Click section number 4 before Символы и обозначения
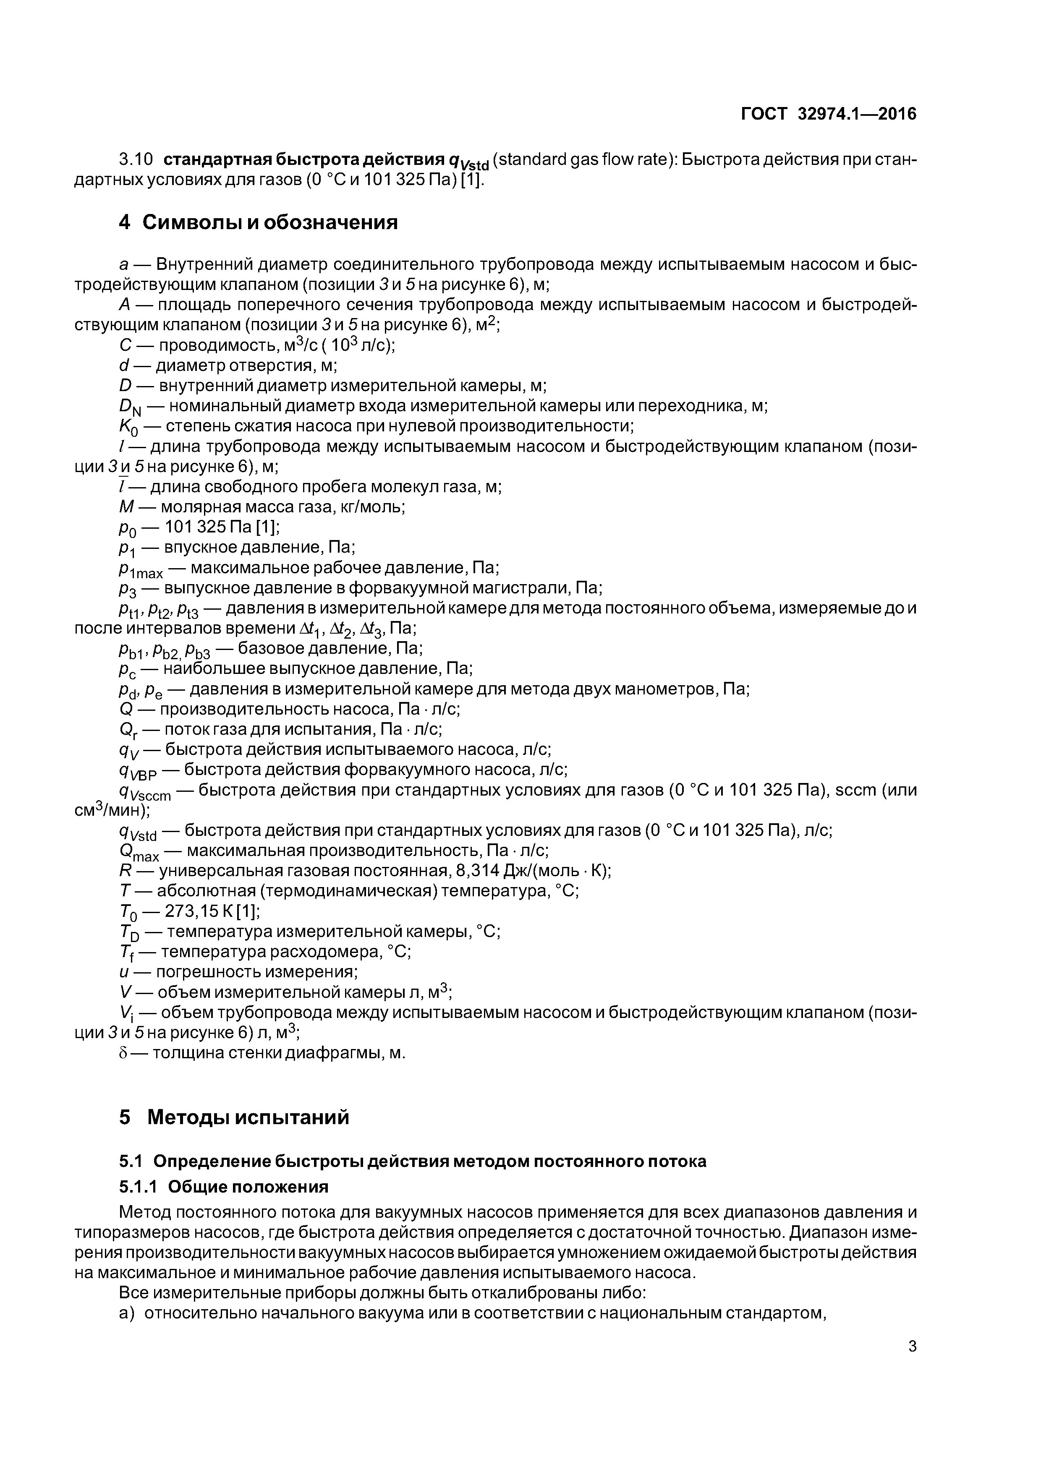coord(125,222)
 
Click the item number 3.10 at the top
coord(136,159)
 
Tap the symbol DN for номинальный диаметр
coord(127,407)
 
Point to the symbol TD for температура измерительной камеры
coord(129,932)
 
